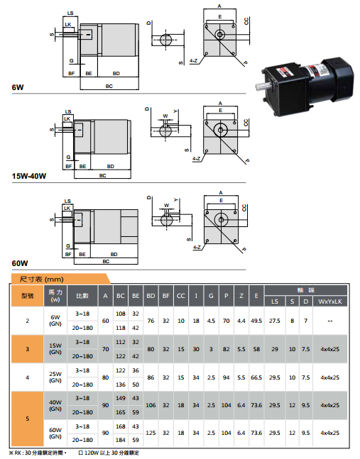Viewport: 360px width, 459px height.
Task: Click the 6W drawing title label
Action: coord(18,87)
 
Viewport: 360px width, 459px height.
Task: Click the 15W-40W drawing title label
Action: coord(29,176)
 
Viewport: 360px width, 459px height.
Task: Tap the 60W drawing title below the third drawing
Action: coord(20,263)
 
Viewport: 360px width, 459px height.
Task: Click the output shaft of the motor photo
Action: coord(263,86)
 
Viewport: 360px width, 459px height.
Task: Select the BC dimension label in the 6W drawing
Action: coord(109,86)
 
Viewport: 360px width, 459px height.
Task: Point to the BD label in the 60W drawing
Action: coord(114,254)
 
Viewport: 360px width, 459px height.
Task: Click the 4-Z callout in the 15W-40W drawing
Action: coord(196,158)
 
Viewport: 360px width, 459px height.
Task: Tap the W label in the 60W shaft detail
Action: coord(166,205)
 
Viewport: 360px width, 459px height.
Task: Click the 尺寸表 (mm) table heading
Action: coord(42,280)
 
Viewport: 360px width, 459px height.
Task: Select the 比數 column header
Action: coord(82,296)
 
